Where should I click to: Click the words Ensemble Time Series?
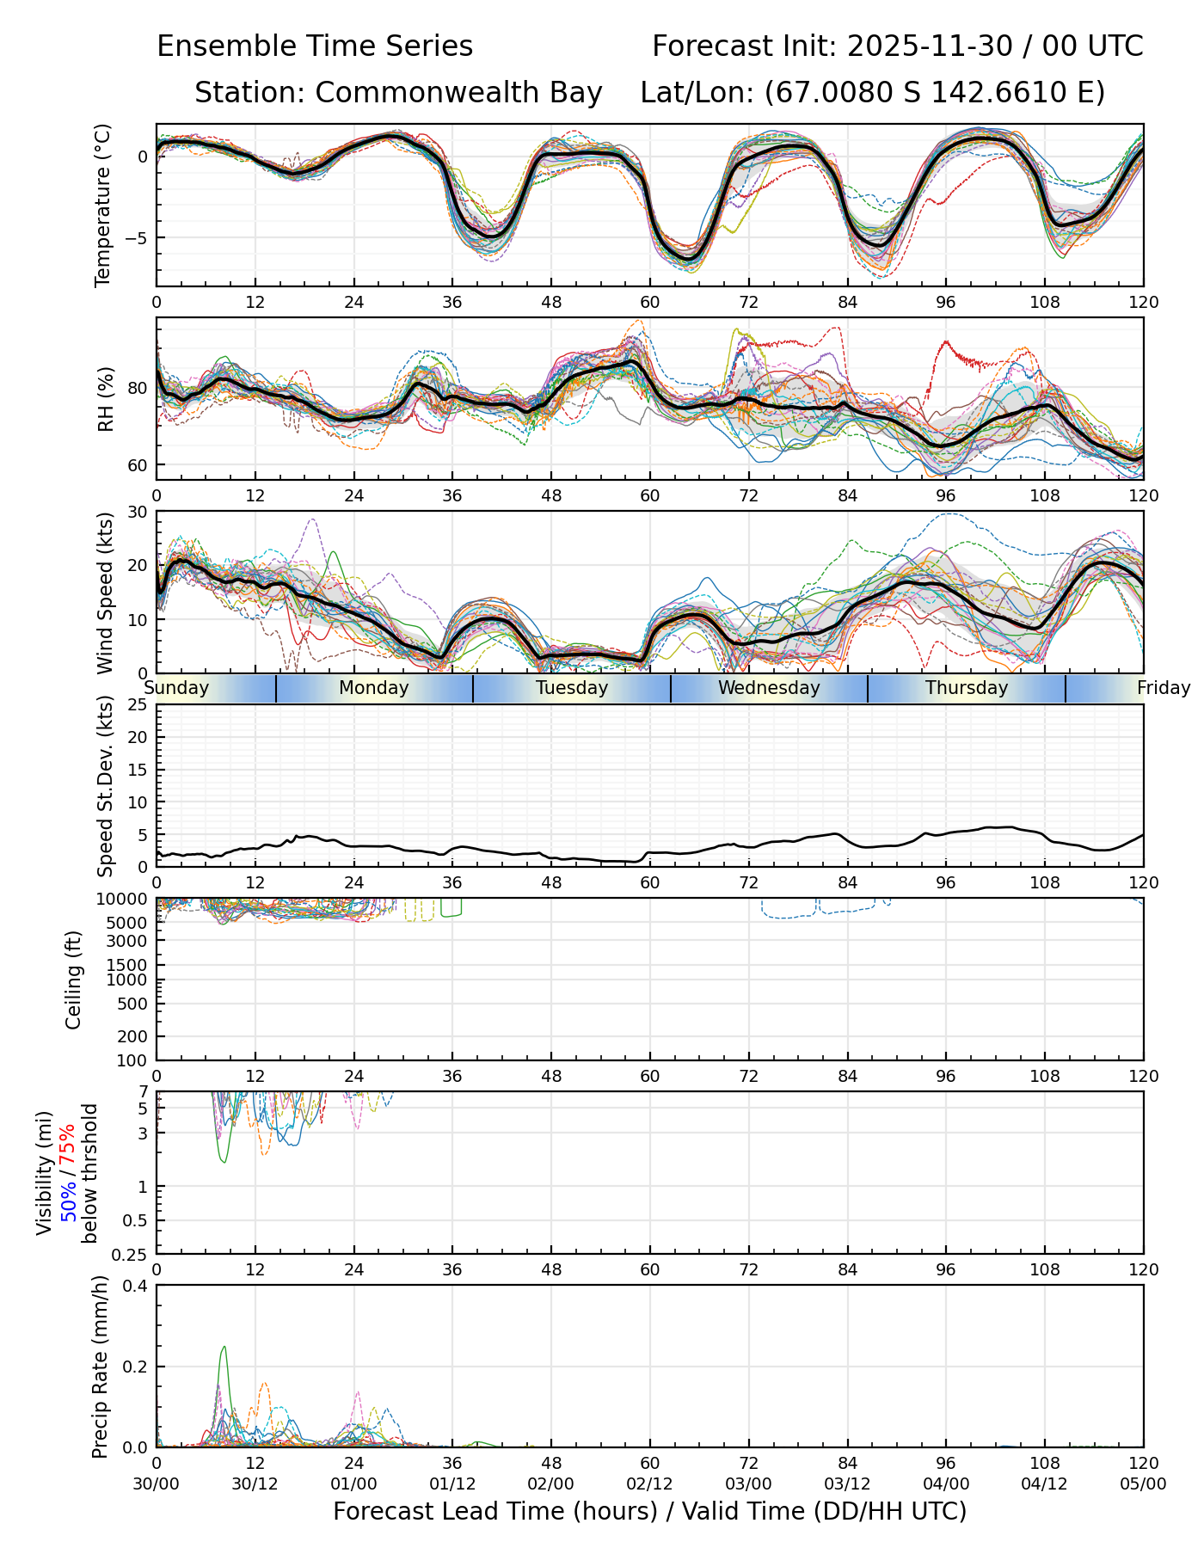315,46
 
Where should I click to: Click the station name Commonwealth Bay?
458,93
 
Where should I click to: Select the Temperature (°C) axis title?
103,205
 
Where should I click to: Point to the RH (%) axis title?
106,399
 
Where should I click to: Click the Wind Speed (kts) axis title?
105,593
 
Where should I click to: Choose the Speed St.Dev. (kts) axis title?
105,785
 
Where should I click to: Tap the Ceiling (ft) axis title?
74,980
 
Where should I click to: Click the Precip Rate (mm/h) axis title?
101,1367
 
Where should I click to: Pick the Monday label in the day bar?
373,688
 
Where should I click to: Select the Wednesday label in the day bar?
769,688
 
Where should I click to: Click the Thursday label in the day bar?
967,688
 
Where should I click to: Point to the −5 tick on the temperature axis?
138,237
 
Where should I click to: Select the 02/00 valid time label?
551,1483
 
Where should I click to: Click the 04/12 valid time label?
1045,1483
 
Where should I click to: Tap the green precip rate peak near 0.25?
224,1347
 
